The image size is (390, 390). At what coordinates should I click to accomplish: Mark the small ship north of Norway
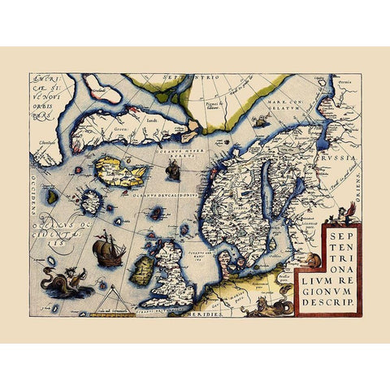(260, 121)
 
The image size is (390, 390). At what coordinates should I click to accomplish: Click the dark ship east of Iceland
(172, 170)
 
